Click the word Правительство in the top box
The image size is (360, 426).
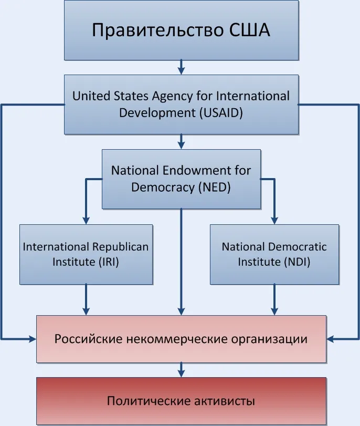158,30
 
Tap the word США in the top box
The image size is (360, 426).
249,29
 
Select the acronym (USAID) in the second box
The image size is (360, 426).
221,113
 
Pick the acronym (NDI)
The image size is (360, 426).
297,262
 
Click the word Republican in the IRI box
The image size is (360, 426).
120,247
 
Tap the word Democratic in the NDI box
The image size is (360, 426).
297,247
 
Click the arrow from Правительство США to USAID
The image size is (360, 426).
181,67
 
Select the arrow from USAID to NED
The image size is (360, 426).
181,141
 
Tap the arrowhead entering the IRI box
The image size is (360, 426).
86,220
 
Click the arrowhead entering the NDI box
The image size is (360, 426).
274,220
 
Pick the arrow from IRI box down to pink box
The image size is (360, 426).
86,300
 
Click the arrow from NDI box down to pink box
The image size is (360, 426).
274,300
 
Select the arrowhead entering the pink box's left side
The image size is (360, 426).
33,339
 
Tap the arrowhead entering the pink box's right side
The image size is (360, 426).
330,339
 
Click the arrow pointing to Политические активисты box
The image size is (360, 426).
181,370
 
